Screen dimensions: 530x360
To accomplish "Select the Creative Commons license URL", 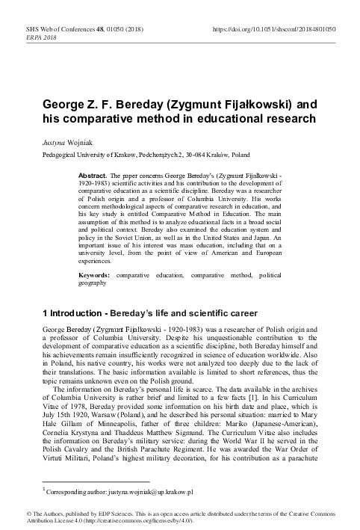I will point(153,520).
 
